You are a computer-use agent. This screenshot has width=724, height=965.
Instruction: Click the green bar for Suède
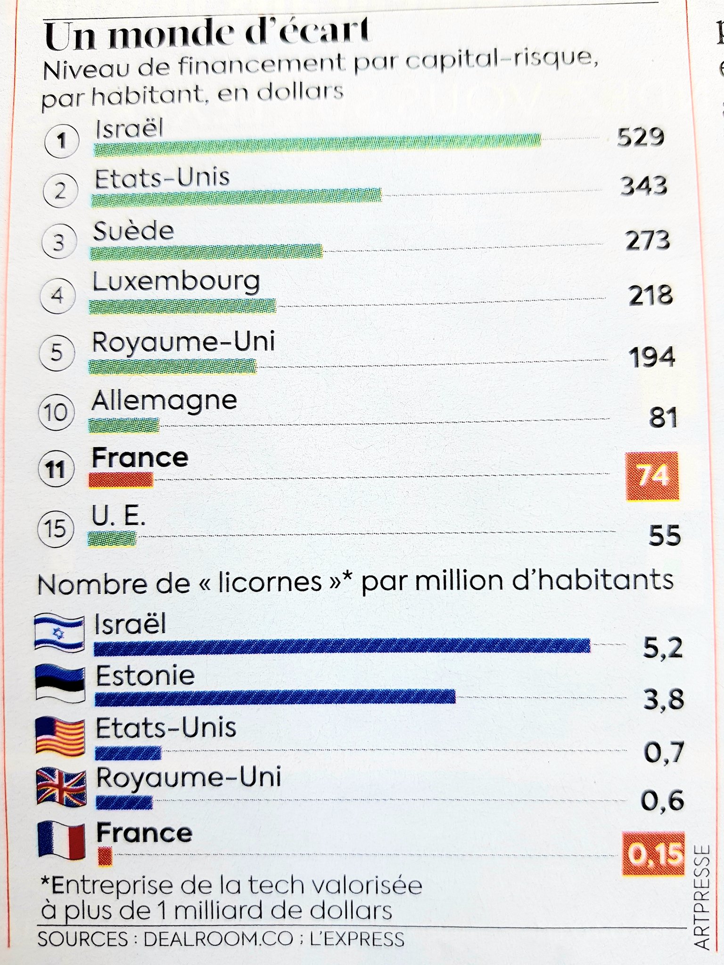(206, 252)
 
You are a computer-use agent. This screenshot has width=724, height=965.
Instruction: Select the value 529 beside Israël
(641, 137)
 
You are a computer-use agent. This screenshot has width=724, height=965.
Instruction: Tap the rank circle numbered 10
(56, 413)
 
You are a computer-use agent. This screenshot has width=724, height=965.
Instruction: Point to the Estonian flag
(60, 684)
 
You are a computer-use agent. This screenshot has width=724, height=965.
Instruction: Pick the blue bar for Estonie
(275, 697)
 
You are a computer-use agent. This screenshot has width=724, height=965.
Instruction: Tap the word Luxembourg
(176, 281)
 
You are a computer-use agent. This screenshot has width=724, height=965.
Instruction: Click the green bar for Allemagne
(124, 425)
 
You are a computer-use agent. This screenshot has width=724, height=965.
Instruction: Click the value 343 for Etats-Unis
(643, 186)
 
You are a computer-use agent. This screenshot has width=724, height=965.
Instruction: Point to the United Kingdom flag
(61, 786)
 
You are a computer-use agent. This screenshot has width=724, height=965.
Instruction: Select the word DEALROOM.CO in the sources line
(218, 939)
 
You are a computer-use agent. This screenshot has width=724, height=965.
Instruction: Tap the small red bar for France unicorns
(105, 856)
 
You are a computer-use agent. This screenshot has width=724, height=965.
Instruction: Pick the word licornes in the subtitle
(270, 582)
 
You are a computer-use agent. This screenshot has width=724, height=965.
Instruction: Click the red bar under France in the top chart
(121, 480)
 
